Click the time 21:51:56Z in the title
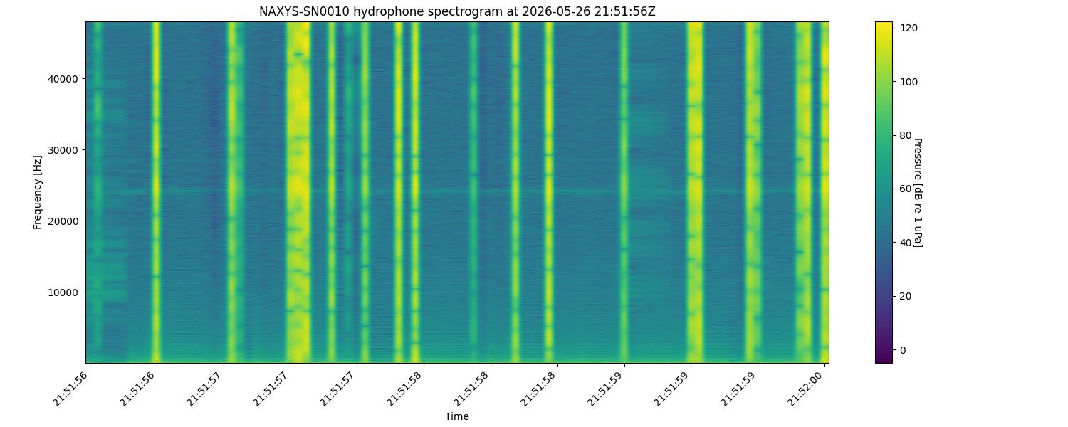(x=625, y=11)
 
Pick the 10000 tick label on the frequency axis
(x=63, y=292)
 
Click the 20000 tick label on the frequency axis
(x=63, y=221)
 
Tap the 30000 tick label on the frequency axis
(x=63, y=150)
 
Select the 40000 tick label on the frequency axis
(x=63, y=79)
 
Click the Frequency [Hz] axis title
(x=38, y=192)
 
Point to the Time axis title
(x=457, y=416)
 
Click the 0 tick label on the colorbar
(x=903, y=350)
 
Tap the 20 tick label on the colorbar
(x=905, y=297)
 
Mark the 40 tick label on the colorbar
(x=905, y=243)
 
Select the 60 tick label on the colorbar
(x=905, y=189)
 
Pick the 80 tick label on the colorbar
(x=905, y=135)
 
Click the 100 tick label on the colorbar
(x=909, y=82)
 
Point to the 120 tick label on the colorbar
(x=909, y=28)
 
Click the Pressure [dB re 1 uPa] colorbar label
(x=918, y=193)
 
